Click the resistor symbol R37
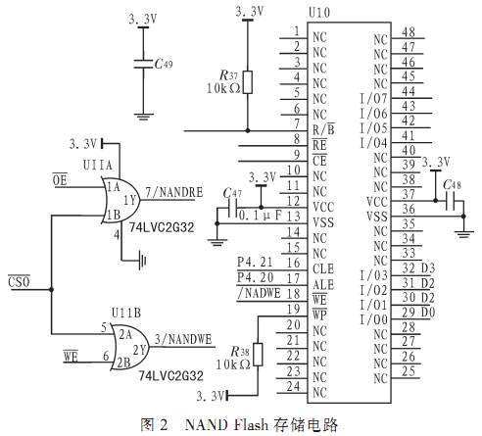(248, 82)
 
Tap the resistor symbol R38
(258, 355)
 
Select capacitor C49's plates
(143, 64)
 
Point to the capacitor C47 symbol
(232, 208)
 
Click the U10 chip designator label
(319, 13)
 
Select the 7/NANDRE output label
(174, 192)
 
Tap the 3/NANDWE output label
(183, 339)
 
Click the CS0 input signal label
(19, 281)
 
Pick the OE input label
(60, 179)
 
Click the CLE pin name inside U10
(323, 268)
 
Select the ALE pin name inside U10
(323, 284)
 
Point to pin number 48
(409, 32)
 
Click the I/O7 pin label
(373, 98)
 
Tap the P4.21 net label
(255, 262)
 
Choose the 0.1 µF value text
(261, 216)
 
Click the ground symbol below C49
(143, 117)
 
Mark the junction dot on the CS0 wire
(51, 289)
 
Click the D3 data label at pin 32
(428, 268)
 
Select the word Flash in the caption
(251, 424)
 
